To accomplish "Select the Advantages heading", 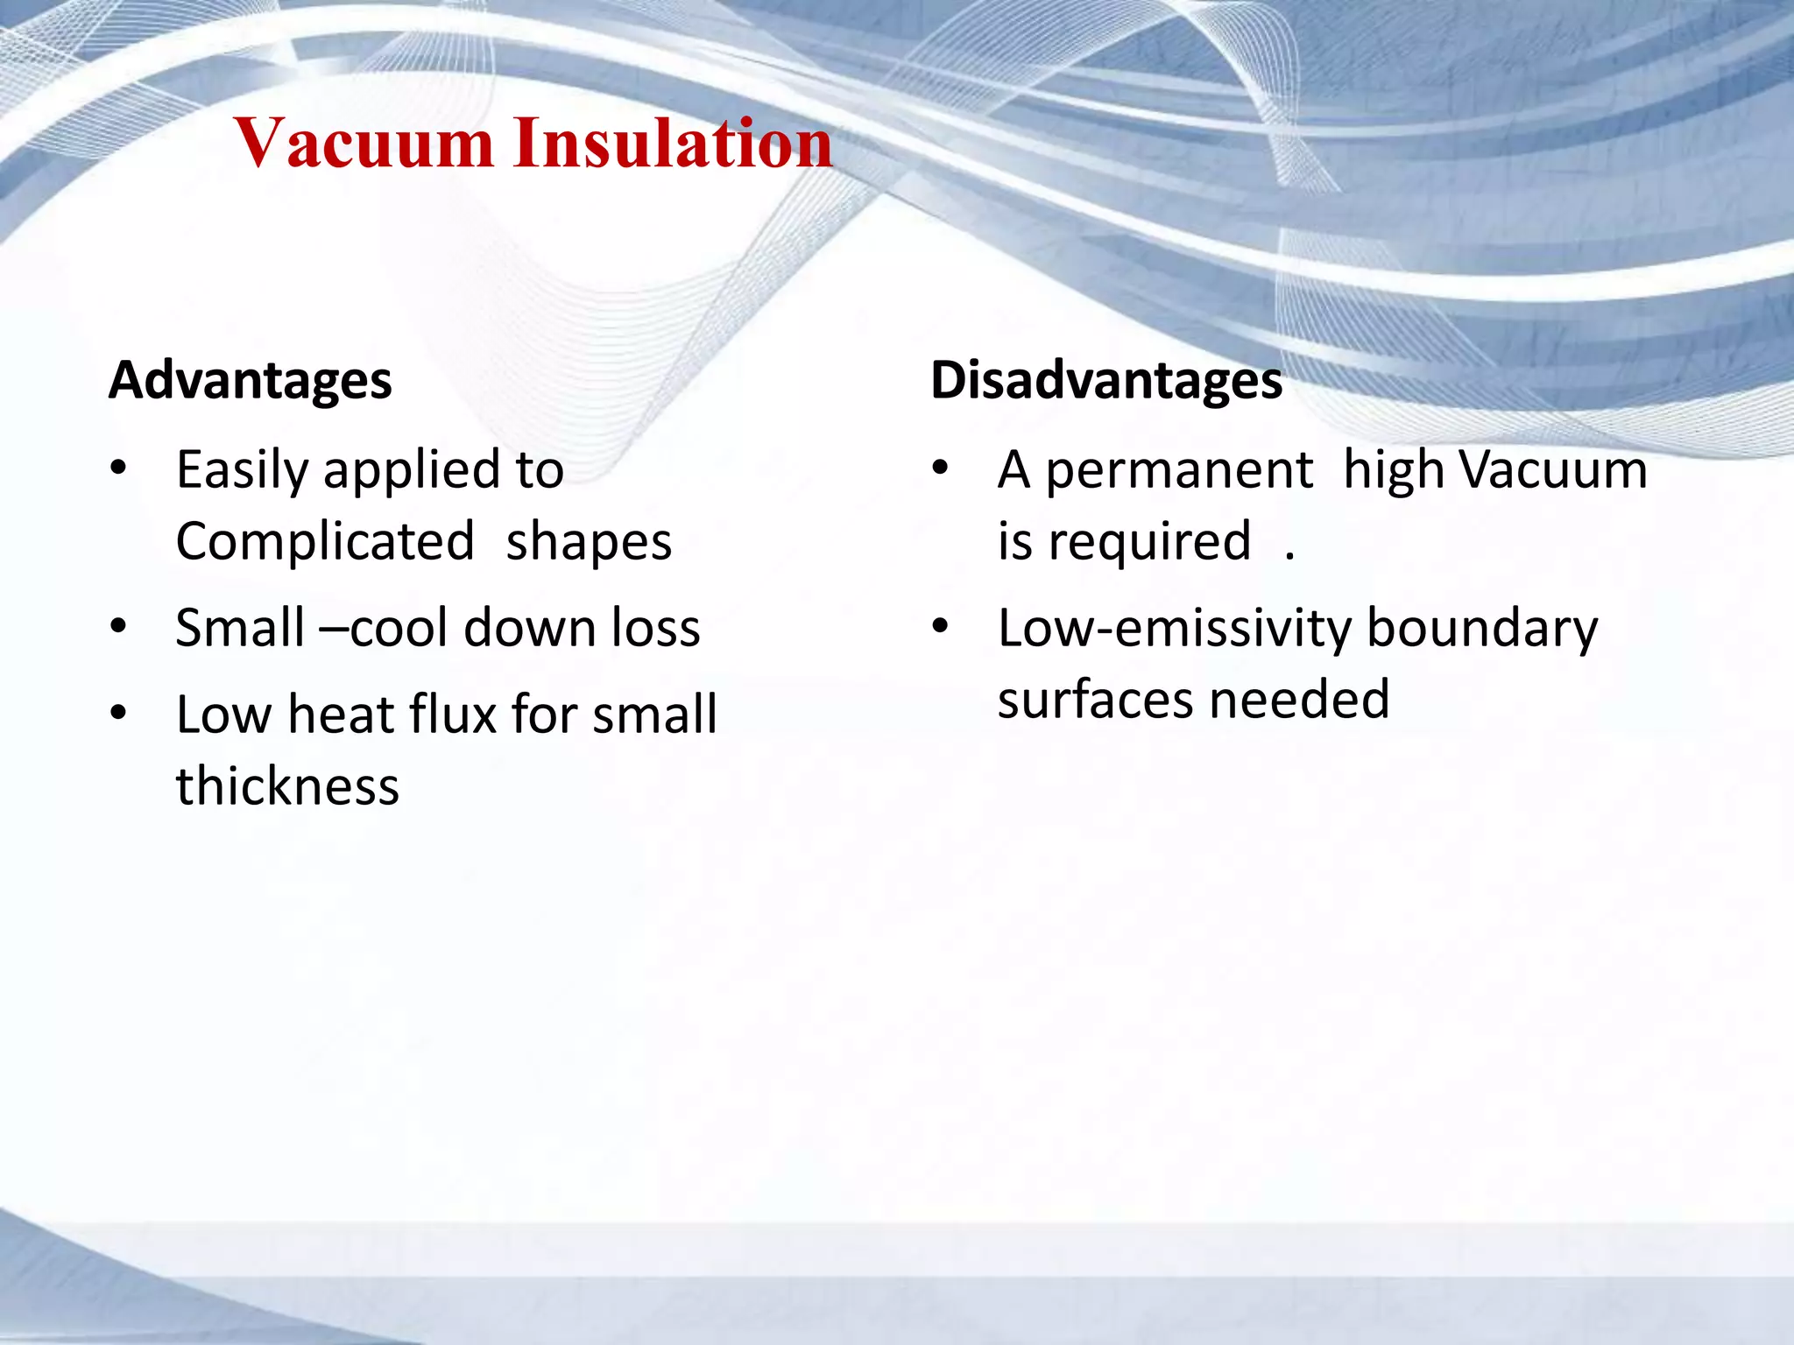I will click(251, 380).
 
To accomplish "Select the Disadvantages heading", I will click(1106, 380).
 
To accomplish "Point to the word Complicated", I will click(325, 541).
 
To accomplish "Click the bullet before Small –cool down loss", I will click(119, 627).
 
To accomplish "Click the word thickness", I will click(287, 785).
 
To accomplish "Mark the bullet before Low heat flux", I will click(119, 713).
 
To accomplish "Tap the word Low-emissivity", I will click(1176, 630).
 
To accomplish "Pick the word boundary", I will click(1482, 630).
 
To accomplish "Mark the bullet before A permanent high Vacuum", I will click(941, 468).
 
